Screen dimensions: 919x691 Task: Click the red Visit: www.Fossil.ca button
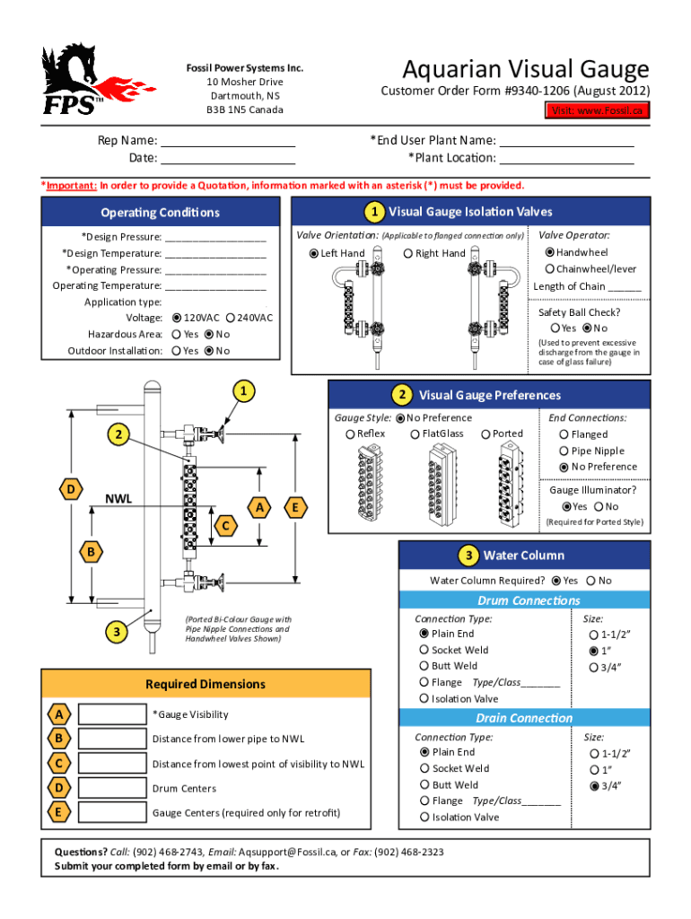(x=599, y=110)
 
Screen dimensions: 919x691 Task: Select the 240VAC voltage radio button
(x=231, y=318)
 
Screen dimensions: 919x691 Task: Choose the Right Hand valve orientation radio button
(x=407, y=253)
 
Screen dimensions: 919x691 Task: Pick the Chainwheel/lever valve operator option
(x=549, y=269)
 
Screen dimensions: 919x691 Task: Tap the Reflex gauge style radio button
(x=350, y=434)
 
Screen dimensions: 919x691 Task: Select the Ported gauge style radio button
(x=485, y=434)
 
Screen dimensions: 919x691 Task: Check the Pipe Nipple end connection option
(x=564, y=451)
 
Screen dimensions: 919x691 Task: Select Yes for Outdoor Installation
(x=176, y=351)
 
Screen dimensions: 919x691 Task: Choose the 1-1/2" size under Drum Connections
(x=593, y=635)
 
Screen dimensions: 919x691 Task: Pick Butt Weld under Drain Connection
(x=425, y=784)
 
